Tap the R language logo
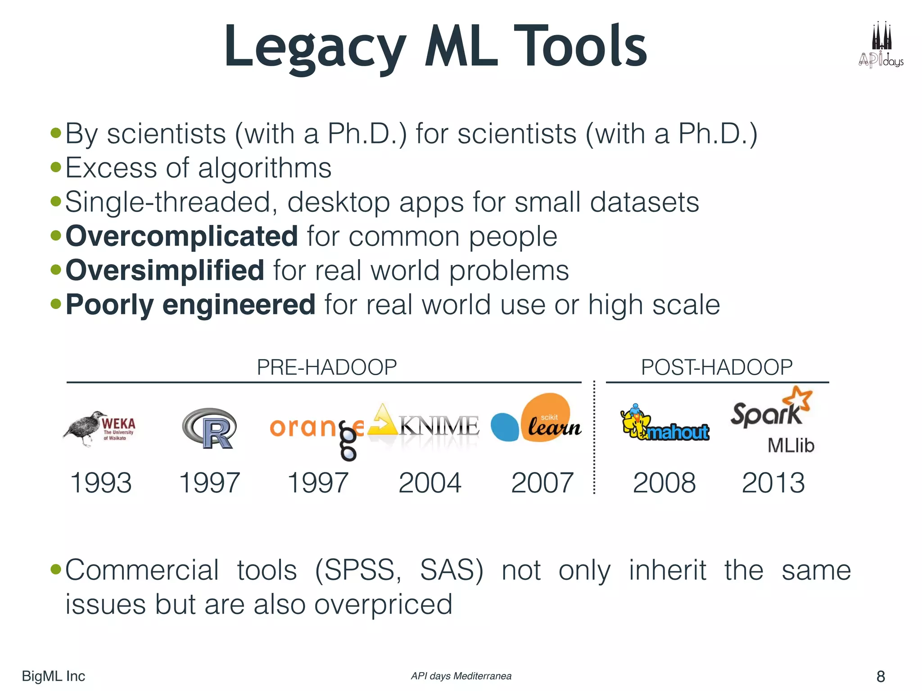coord(210,428)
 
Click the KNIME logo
coord(423,425)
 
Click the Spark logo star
coord(797,399)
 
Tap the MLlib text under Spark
coord(791,445)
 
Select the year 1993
coord(101,483)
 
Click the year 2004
coord(430,483)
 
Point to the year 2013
coord(773,483)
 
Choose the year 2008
coord(664,483)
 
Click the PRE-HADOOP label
coord(327,367)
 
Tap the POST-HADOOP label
coord(717,367)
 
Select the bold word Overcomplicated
coord(182,236)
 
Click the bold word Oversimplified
coord(165,270)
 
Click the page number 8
coord(881,676)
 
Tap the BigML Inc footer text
coord(54,676)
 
